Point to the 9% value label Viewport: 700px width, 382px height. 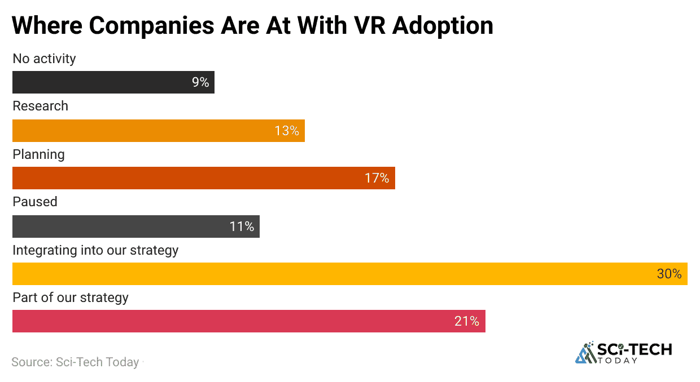coord(200,82)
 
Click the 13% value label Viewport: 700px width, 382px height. coord(287,131)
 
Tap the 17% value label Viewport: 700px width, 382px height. coord(377,178)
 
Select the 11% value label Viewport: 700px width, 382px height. coord(242,226)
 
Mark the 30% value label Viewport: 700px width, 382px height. coord(669,274)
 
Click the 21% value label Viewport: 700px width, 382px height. coord(467,321)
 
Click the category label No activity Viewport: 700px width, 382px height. coord(44,59)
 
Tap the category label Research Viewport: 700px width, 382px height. coord(40,106)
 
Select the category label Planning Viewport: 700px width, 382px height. coord(38,154)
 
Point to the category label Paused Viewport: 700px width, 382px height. coord(35,202)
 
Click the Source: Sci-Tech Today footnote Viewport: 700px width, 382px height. coord(75,362)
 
